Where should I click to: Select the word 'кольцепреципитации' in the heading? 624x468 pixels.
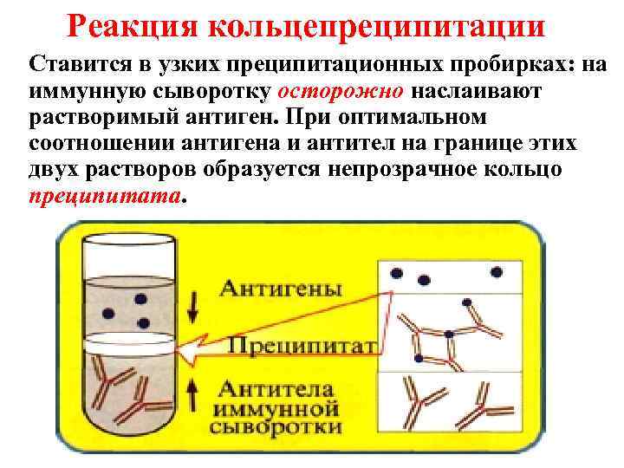378,26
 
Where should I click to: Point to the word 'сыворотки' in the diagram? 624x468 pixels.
281,427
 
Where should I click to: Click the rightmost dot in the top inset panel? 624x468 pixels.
497,273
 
